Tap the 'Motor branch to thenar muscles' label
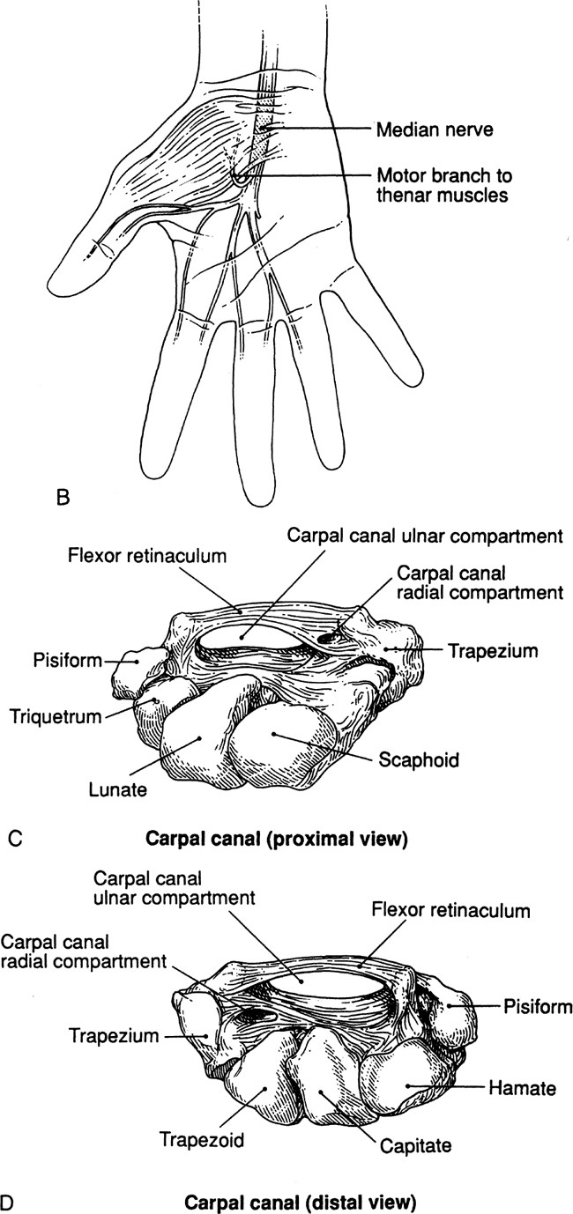[x=443, y=185]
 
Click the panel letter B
[x=62, y=499]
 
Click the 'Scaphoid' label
[x=419, y=759]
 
